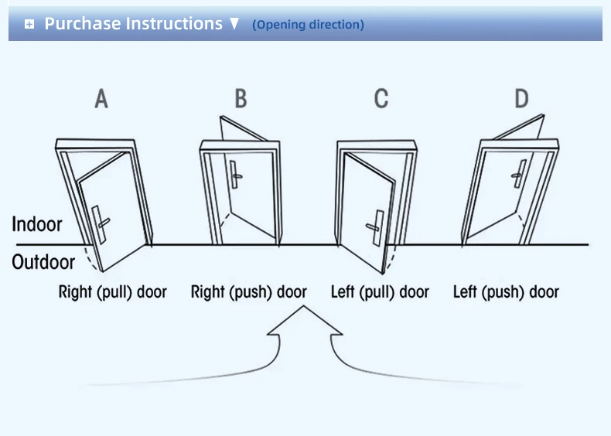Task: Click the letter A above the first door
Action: click(101, 98)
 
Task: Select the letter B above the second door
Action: click(241, 98)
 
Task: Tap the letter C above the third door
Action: click(381, 98)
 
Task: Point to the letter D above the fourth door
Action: click(522, 98)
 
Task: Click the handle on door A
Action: click(101, 224)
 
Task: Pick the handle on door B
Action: click(234, 175)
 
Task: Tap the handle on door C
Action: click(375, 227)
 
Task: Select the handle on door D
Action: click(519, 174)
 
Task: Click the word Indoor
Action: click(37, 224)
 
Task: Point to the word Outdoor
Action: click(43, 262)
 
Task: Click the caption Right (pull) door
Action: click(113, 292)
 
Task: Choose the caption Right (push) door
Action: click(248, 292)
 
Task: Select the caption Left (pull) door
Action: click(380, 292)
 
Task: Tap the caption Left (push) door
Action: click(506, 292)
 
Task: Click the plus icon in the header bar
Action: click(29, 25)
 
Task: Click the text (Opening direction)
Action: click(309, 25)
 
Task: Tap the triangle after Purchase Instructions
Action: click(234, 24)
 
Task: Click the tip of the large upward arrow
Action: click(303, 306)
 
